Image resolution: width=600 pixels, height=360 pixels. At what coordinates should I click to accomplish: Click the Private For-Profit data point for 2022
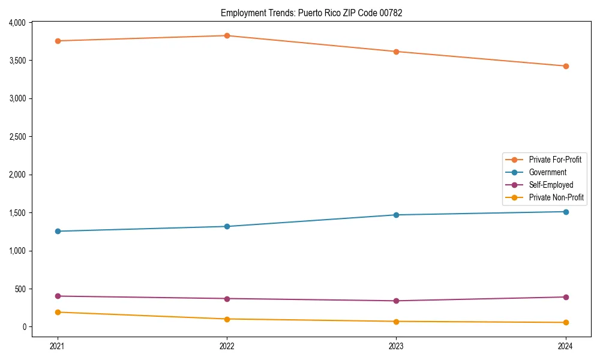(x=227, y=36)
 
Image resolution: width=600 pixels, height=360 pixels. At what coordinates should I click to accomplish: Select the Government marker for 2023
(x=396, y=215)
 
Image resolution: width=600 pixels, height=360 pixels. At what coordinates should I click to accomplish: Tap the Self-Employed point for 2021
(x=58, y=296)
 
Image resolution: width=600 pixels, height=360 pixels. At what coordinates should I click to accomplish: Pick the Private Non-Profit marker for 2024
(x=565, y=323)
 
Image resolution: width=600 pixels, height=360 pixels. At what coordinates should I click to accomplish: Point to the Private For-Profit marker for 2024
(x=565, y=66)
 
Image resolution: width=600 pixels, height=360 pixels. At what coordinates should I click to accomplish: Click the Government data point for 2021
(x=58, y=231)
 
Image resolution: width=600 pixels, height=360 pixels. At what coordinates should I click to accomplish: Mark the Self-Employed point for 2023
(x=396, y=301)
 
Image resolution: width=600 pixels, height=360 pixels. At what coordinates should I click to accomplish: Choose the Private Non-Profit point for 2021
(x=58, y=312)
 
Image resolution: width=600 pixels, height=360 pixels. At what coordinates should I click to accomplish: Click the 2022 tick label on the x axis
(x=227, y=346)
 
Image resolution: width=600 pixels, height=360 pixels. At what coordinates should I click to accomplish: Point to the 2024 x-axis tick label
(x=565, y=346)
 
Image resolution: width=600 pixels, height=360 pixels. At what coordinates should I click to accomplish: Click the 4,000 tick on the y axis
(x=17, y=23)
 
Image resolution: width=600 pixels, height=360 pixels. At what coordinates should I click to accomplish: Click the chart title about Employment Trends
(x=311, y=13)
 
